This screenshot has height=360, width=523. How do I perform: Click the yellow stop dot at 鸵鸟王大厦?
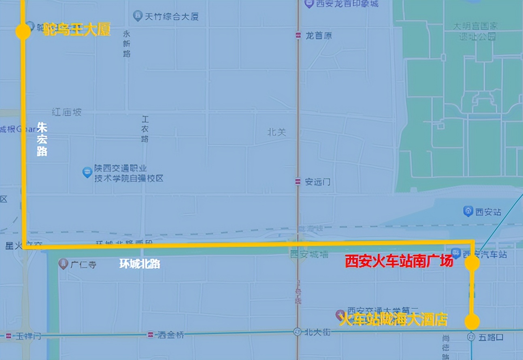click(x=23, y=31)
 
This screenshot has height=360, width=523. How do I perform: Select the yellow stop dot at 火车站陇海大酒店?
click(x=472, y=322)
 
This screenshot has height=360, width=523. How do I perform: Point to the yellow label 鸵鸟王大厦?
click(x=77, y=30)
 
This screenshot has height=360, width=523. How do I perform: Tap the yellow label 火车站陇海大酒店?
click(x=393, y=320)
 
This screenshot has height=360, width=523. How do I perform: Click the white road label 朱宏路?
click(x=42, y=140)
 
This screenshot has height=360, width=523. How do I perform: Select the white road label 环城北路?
click(x=140, y=264)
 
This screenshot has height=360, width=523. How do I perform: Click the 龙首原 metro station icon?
click(x=298, y=36)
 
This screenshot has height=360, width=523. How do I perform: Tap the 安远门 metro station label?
click(x=317, y=182)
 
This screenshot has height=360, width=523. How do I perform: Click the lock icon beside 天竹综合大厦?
click(x=138, y=16)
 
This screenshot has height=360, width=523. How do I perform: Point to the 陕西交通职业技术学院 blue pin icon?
click(x=87, y=172)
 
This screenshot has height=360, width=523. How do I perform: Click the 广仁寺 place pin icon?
click(x=63, y=265)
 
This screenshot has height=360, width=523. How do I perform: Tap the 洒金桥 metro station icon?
click(x=151, y=335)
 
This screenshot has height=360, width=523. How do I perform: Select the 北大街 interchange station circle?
click(x=298, y=332)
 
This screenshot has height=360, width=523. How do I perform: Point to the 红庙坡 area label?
click(x=67, y=112)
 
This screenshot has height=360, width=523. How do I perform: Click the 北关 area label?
click(x=277, y=132)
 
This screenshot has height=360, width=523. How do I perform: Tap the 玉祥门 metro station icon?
click(x=9, y=336)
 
